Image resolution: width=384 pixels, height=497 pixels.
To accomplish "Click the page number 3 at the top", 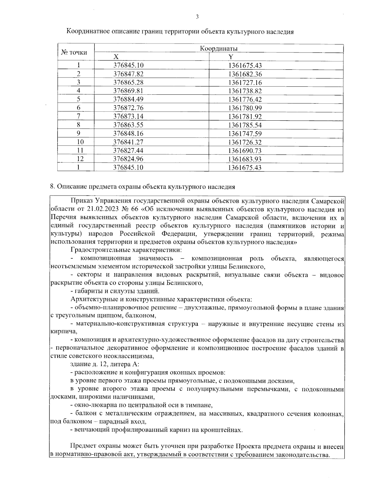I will click(197, 17).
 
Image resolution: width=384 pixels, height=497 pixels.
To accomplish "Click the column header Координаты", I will click(219, 49).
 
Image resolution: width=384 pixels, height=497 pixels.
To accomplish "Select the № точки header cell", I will click(74, 52).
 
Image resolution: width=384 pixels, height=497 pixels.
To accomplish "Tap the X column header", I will click(116, 57).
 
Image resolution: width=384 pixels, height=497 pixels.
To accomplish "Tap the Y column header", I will click(231, 57).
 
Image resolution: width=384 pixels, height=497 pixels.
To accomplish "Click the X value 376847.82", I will click(128, 74).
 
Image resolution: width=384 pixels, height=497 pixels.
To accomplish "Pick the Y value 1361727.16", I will click(245, 83).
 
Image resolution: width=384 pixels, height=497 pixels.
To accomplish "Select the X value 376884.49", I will click(128, 100).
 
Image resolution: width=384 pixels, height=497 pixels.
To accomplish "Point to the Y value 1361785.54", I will click(245, 125).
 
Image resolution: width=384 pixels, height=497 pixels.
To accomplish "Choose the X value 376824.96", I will click(128, 159).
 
